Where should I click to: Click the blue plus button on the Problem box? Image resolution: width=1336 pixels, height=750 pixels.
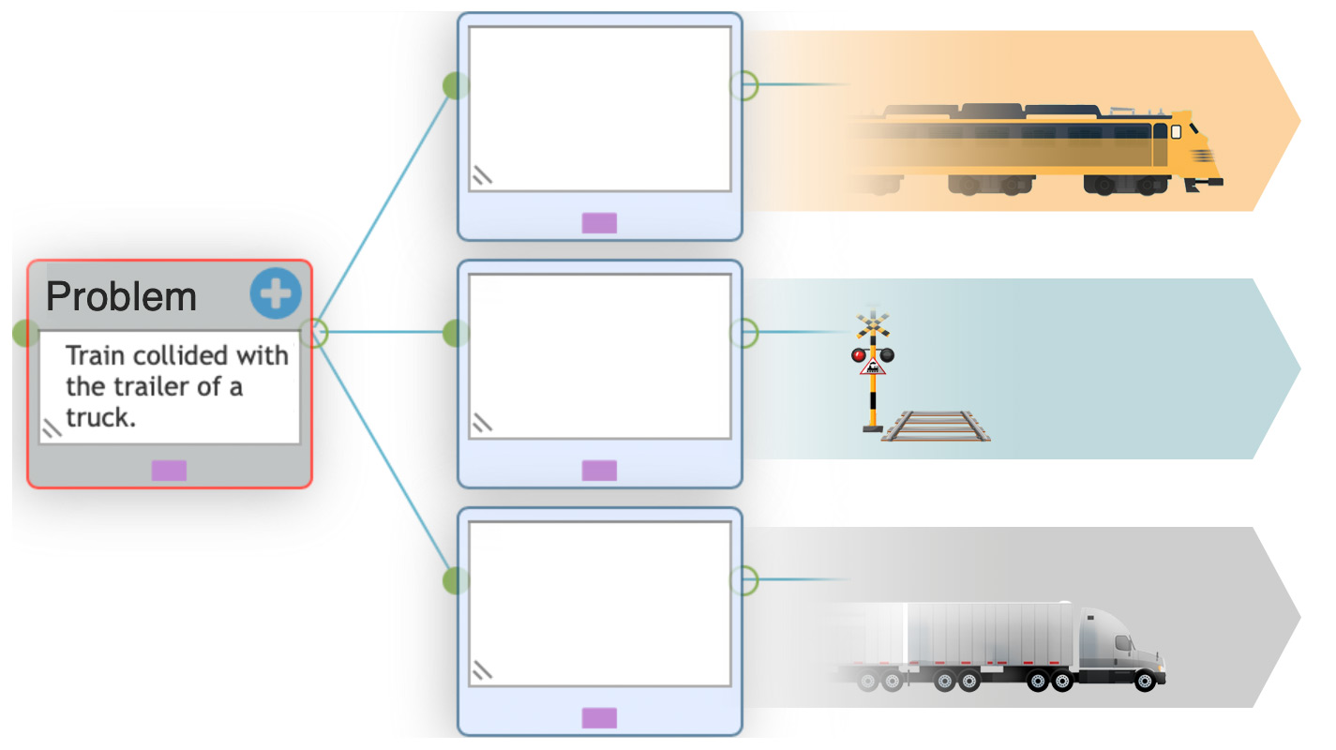pyautogui.click(x=275, y=292)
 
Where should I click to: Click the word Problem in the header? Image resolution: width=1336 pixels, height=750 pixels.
pyautogui.click(x=121, y=296)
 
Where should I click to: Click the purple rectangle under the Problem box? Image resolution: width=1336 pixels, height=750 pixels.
pyautogui.click(x=169, y=471)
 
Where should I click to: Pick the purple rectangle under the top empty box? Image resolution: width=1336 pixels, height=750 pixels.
pyautogui.click(x=599, y=223)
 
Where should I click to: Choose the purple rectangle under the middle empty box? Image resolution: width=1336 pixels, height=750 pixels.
pyautogui.click(x=599, y=471)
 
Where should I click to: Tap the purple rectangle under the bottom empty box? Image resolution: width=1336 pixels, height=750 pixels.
pyautogui.click(x=599, y=718)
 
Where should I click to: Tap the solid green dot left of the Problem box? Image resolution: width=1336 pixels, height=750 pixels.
pyautogui.click(x=25, y=333)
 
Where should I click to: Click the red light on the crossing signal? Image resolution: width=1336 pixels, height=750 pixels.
pyautogui.click(x=858, y=355)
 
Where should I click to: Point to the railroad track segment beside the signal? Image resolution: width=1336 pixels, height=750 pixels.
pyautogui.click(x=936, y=426)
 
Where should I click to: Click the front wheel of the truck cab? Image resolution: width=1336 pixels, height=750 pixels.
pyautogui.click(x=1145, y=681)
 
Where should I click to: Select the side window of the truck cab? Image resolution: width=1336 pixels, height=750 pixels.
pyautogui.click(x=1123, y=643)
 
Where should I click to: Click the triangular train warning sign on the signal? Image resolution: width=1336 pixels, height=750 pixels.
pyautogui.click(x=873, y=367)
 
